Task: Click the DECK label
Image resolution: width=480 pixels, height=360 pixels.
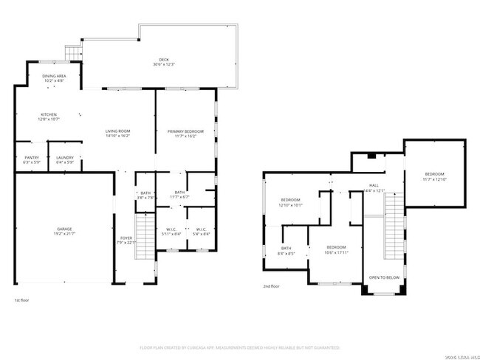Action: coord(163,60)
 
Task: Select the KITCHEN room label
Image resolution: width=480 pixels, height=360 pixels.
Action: coord(49,114)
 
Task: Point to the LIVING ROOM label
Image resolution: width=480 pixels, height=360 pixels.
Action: coord(118,131)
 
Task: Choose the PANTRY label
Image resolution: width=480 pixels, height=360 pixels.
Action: coord(31,157)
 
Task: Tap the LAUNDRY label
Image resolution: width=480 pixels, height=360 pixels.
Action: coord(64,157)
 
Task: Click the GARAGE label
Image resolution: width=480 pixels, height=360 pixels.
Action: coord(64,229)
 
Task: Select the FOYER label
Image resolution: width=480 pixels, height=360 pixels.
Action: coord(127,238)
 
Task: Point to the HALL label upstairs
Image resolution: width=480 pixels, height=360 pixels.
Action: coord(375,185)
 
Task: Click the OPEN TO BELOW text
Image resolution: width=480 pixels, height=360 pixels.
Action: coord(385,278)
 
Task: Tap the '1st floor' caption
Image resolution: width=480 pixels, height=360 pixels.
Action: coord(22,300)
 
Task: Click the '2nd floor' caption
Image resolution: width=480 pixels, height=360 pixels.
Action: coord(271,286)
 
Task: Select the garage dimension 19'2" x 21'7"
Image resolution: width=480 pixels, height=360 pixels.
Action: coord(64,233)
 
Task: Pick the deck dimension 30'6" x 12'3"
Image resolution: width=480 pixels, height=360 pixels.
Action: coord(163,65)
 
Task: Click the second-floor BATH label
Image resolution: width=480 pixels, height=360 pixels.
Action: coord(286,248)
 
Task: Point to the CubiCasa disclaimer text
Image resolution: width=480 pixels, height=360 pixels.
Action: coord(239,347)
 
